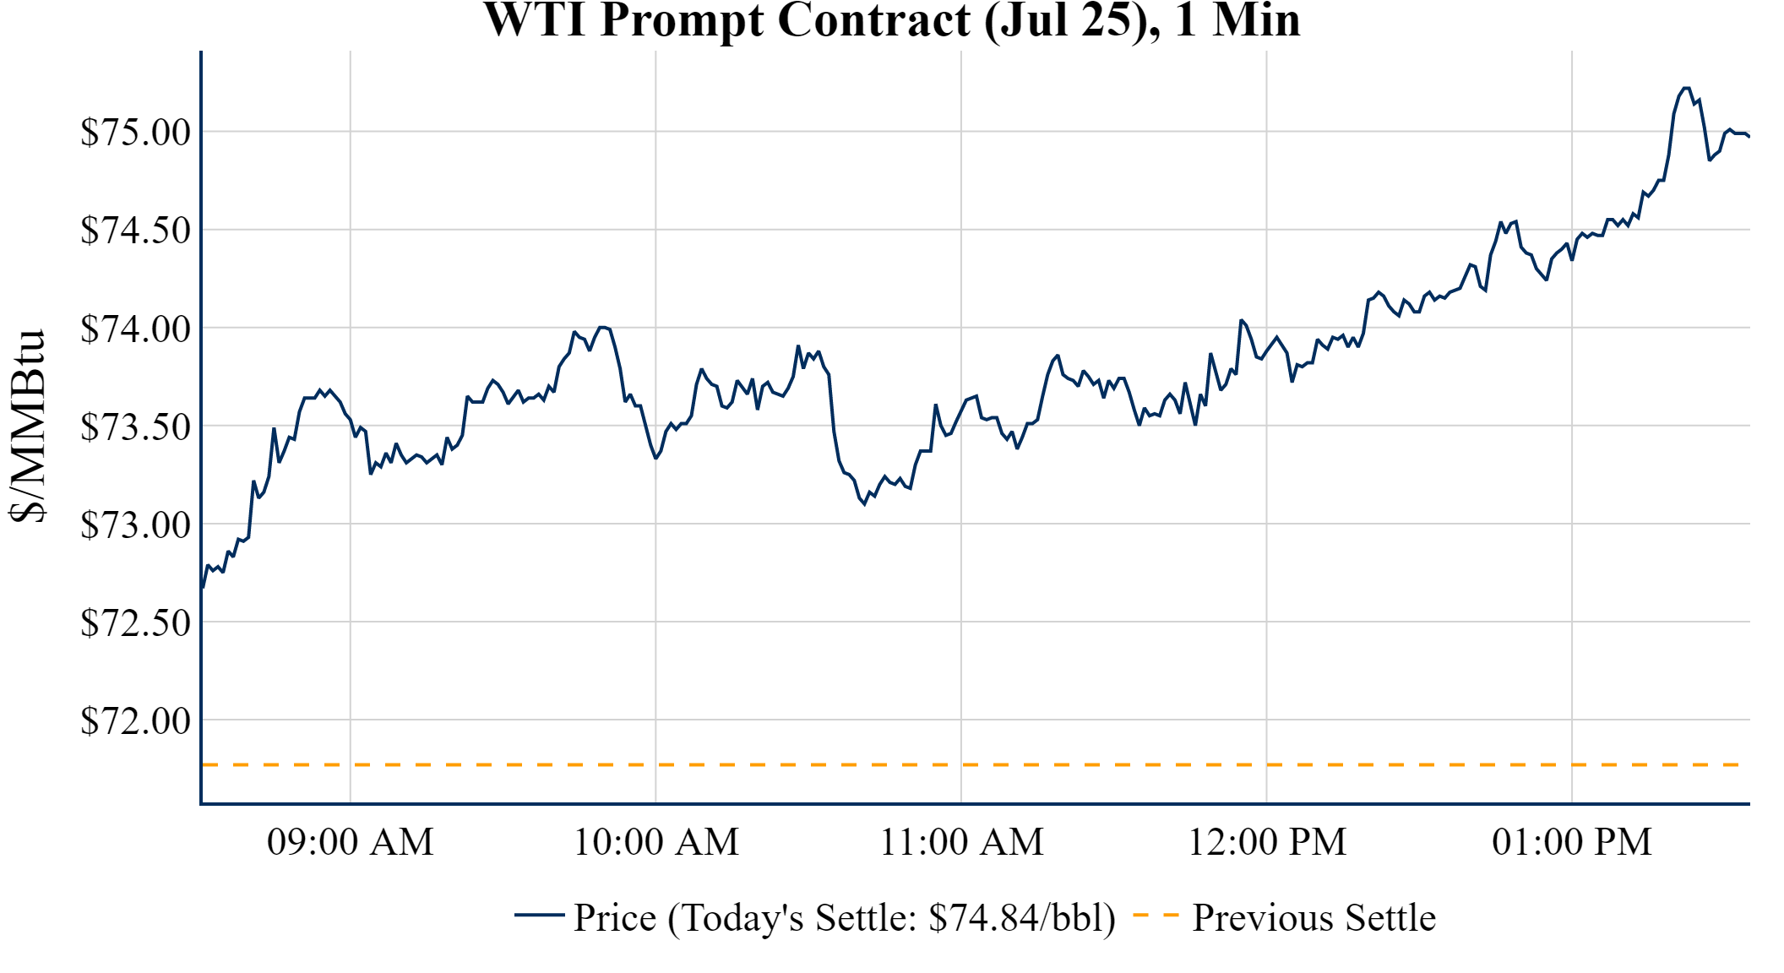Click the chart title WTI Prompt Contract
891,20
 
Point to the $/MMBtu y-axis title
27,426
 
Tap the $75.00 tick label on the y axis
135,132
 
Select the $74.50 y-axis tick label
135,230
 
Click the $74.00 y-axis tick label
135,329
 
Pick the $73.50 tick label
135,427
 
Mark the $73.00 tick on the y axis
135,525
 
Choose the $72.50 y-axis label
135,622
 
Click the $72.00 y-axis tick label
135,720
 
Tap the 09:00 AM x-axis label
351,842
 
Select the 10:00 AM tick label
656,842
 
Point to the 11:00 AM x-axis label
962,842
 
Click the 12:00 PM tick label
1267,842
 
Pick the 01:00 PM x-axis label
1572,842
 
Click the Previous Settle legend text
1314,917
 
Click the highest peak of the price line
1685,88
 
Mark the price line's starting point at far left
203,587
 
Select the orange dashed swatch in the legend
1156,915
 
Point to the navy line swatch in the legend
539,915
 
